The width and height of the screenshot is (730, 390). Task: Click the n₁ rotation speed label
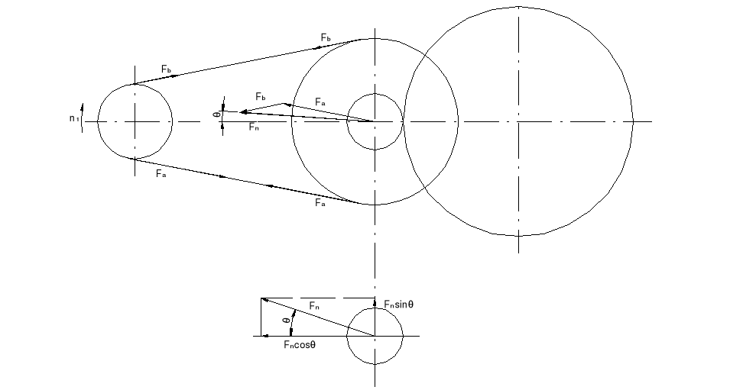click(74, 118)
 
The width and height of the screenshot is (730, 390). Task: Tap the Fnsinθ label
click(398, 304)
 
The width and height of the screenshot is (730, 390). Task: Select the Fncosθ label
click(300, 344)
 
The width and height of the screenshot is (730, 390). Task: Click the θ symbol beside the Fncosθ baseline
click(287, 321)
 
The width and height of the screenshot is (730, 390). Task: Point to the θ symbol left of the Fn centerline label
click(216, 114)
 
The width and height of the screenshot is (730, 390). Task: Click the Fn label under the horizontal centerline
click(254, 127)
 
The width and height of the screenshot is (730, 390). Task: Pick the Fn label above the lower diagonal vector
click(314, 306)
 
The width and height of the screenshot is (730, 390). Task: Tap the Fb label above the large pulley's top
click(326, 37)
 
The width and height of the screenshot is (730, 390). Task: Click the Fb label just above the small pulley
click(167, 69)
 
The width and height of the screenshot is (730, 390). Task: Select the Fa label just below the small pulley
click(161, 174)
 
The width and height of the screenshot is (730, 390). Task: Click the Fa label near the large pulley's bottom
click(320, 202)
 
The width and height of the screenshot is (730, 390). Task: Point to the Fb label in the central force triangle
click(261, 97)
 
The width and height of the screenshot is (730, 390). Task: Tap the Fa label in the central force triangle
click(320, 102)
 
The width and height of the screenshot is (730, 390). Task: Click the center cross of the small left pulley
click(135, 122)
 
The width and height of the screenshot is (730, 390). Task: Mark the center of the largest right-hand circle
click(518, 121)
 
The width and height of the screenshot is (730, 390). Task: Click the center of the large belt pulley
click(375, 121)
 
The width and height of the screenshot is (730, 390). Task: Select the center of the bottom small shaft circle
click(375, 336)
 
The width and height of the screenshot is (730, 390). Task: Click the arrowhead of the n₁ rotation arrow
click(83, 107)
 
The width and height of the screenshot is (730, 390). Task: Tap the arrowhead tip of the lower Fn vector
click(261, 299)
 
